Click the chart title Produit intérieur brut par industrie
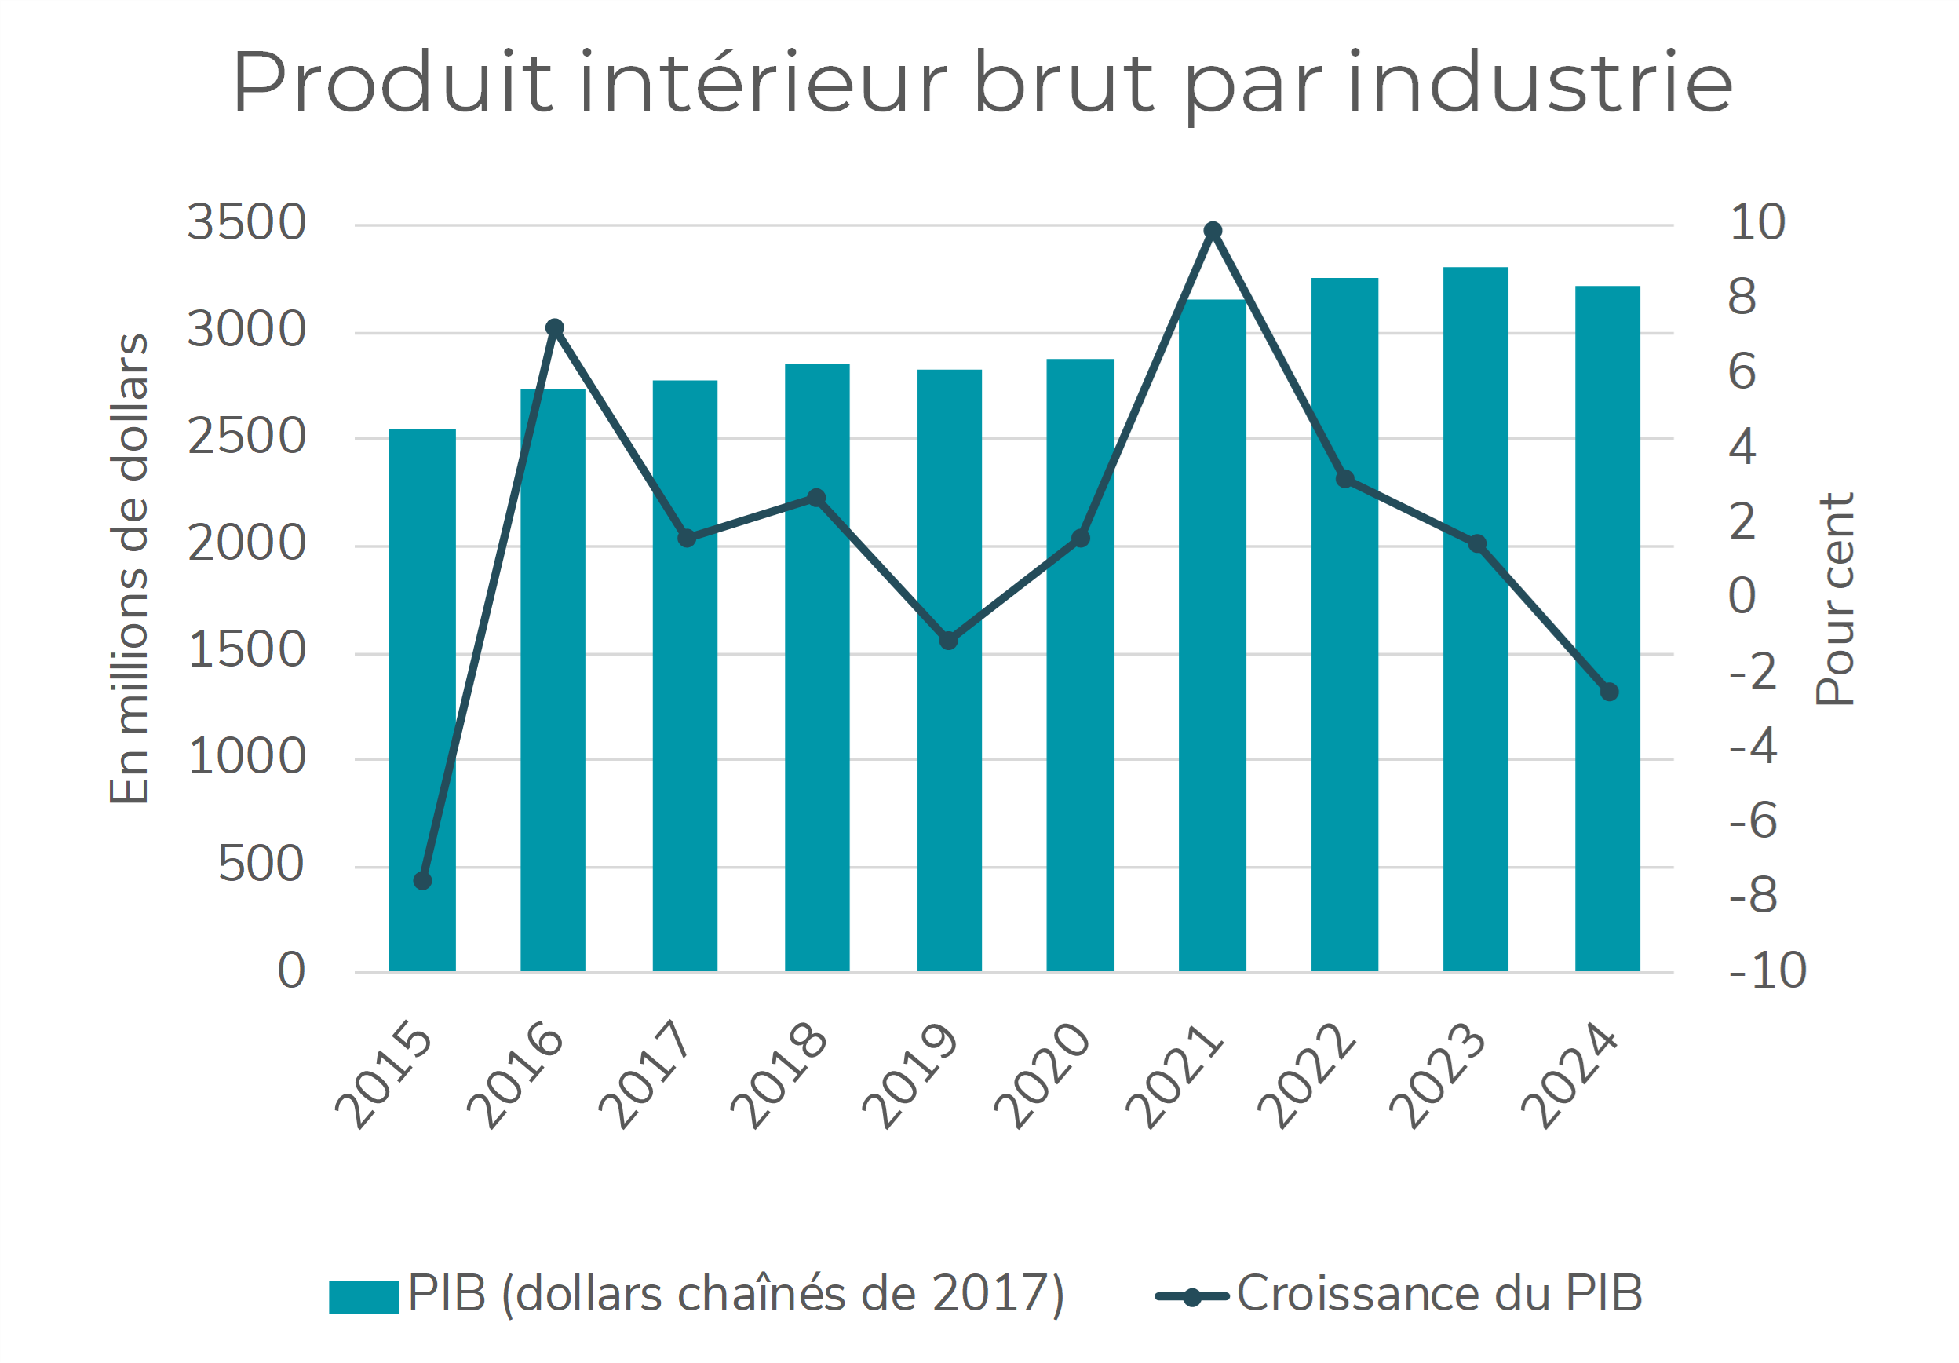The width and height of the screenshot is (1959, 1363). pyautogui.click(x=982, y=82)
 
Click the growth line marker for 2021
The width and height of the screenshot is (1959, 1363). pyautogui.click(x=1213, y=231)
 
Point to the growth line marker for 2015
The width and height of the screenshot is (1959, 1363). pyautogui.click(x=422, y=880)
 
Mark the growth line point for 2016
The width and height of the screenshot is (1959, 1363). pyautogui.click(x=555, y=327)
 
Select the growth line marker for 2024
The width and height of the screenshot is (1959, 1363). pyautogui.click(x=1609, y=692)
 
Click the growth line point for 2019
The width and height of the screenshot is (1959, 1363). pyautogui.click(x=949, y=640)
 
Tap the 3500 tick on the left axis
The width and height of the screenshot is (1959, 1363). pyautogui.click(x=246, y=224)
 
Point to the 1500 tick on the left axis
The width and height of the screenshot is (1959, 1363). pyautogui.click(x=246, y=651)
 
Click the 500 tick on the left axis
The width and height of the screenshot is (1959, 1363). pyautogui.click(x=261, y=864)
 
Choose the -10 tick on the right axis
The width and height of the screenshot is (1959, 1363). pyautogui.click(x=1767, y=971)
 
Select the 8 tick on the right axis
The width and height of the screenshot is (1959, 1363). pyautogui.click(x=1742, y=298)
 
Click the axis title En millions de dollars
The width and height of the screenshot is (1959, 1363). pyautogui.click(x=130, y=568)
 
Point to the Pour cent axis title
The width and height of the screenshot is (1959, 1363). pyautogui.click(x=1834, y=599)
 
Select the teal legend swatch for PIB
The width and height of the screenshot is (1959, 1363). pyautogui.click(x=363, y=1297)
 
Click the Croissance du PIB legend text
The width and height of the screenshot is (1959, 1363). pyautogui.click(x=1439, y=1294)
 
